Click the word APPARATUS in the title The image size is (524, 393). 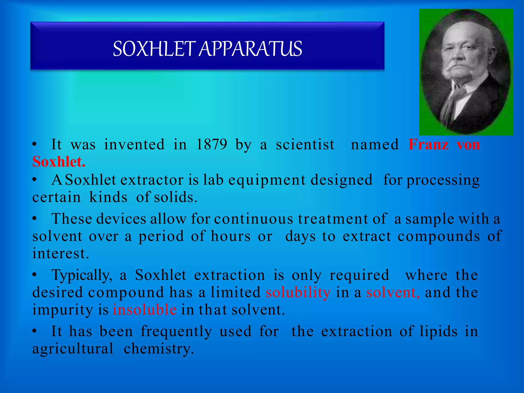250,49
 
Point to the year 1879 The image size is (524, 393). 212,145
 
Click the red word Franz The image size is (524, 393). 428,145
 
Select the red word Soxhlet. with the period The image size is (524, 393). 59,162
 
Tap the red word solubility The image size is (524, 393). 298,292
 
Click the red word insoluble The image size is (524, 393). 145,310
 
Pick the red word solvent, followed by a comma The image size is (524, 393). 393,292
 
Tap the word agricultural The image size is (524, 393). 73,349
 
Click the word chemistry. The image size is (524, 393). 159,349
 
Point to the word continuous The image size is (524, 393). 254,219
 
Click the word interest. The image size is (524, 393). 61,254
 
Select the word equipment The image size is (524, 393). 267,180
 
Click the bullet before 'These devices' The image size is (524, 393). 35,219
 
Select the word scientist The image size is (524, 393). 305,145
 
